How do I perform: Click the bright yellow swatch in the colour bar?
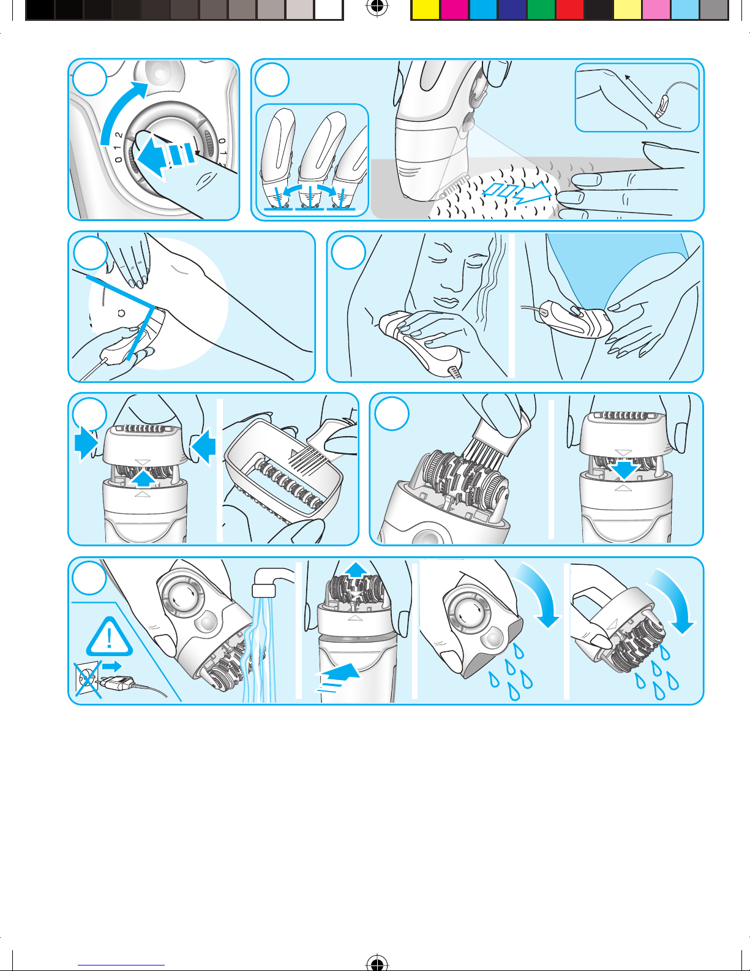[426, 10]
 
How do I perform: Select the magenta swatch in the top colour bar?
[454, 10]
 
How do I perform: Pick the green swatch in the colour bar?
[541, 10]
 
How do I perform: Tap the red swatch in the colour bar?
[569, 10]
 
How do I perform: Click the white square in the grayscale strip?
[328, 10]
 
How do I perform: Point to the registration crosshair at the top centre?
[377, 6]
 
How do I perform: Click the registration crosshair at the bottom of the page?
[377, 963]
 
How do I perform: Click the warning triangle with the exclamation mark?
[110, 637]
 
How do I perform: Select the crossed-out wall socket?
[88, 678]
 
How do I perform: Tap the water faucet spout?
[271, 581]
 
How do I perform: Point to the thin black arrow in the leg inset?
[638, 88]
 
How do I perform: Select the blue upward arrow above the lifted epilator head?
[356, 570]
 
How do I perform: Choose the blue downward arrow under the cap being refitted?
[624, 471]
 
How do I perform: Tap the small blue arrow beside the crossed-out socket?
[111, 667]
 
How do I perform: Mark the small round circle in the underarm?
[121, 313]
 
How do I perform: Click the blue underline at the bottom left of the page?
[121, 965]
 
